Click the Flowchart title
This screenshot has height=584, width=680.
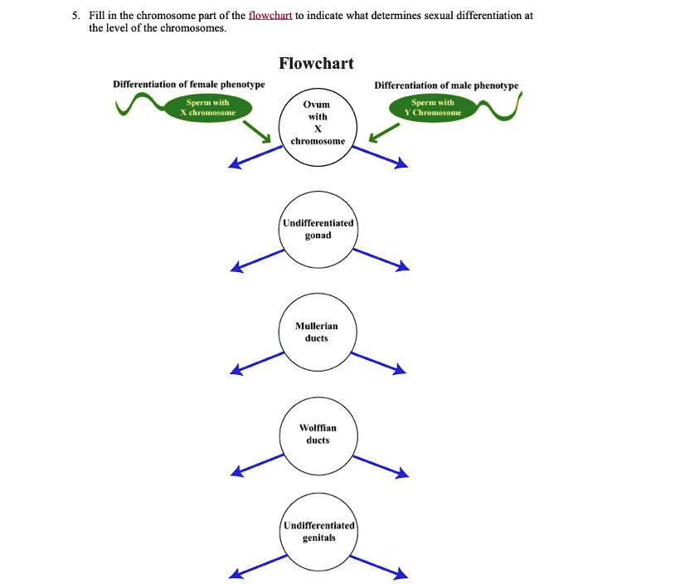[x=316, y=64]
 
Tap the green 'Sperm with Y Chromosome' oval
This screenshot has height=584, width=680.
[x=432, y=107]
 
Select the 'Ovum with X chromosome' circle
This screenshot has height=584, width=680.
[x=317, y=123]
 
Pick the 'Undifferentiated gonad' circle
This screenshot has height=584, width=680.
[x=318, y=230]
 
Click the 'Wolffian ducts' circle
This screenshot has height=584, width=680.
[x=318, y=434]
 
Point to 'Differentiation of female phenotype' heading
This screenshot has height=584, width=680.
[x=189, y=85]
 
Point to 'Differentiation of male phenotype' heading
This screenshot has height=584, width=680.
[x=446, y=85]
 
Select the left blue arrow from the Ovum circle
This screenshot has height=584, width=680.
[x=256, y=157]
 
